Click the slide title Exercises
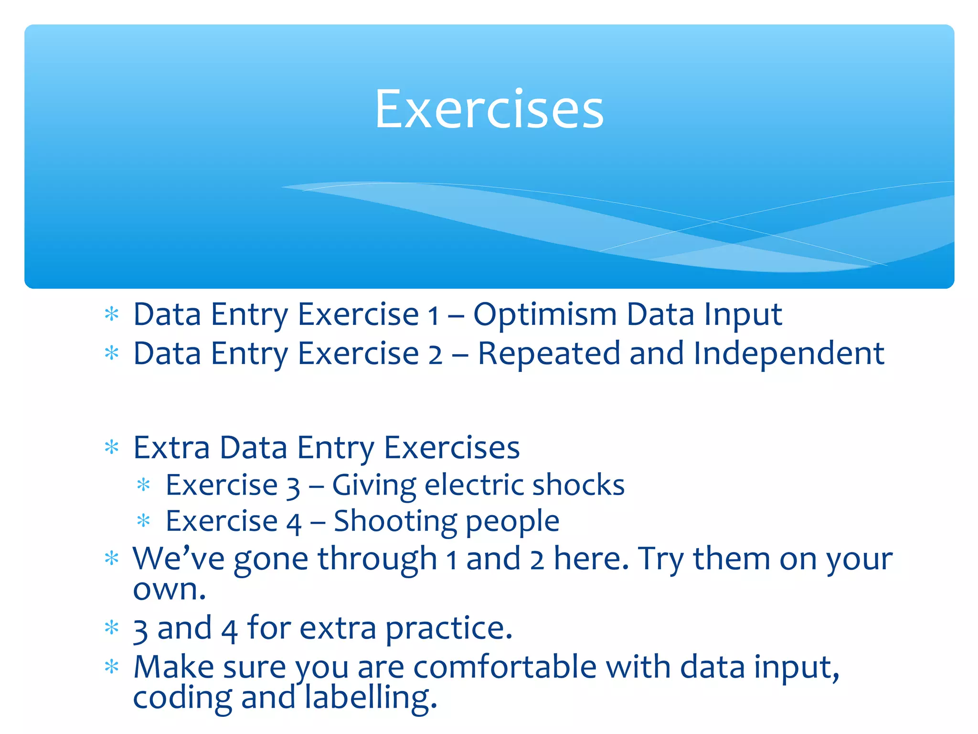489,110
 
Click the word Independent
788,354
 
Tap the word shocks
578,485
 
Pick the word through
377,559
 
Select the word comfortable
505,667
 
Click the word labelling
370,698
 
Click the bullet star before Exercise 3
143,486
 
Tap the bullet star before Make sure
111,667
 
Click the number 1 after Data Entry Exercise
433,316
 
